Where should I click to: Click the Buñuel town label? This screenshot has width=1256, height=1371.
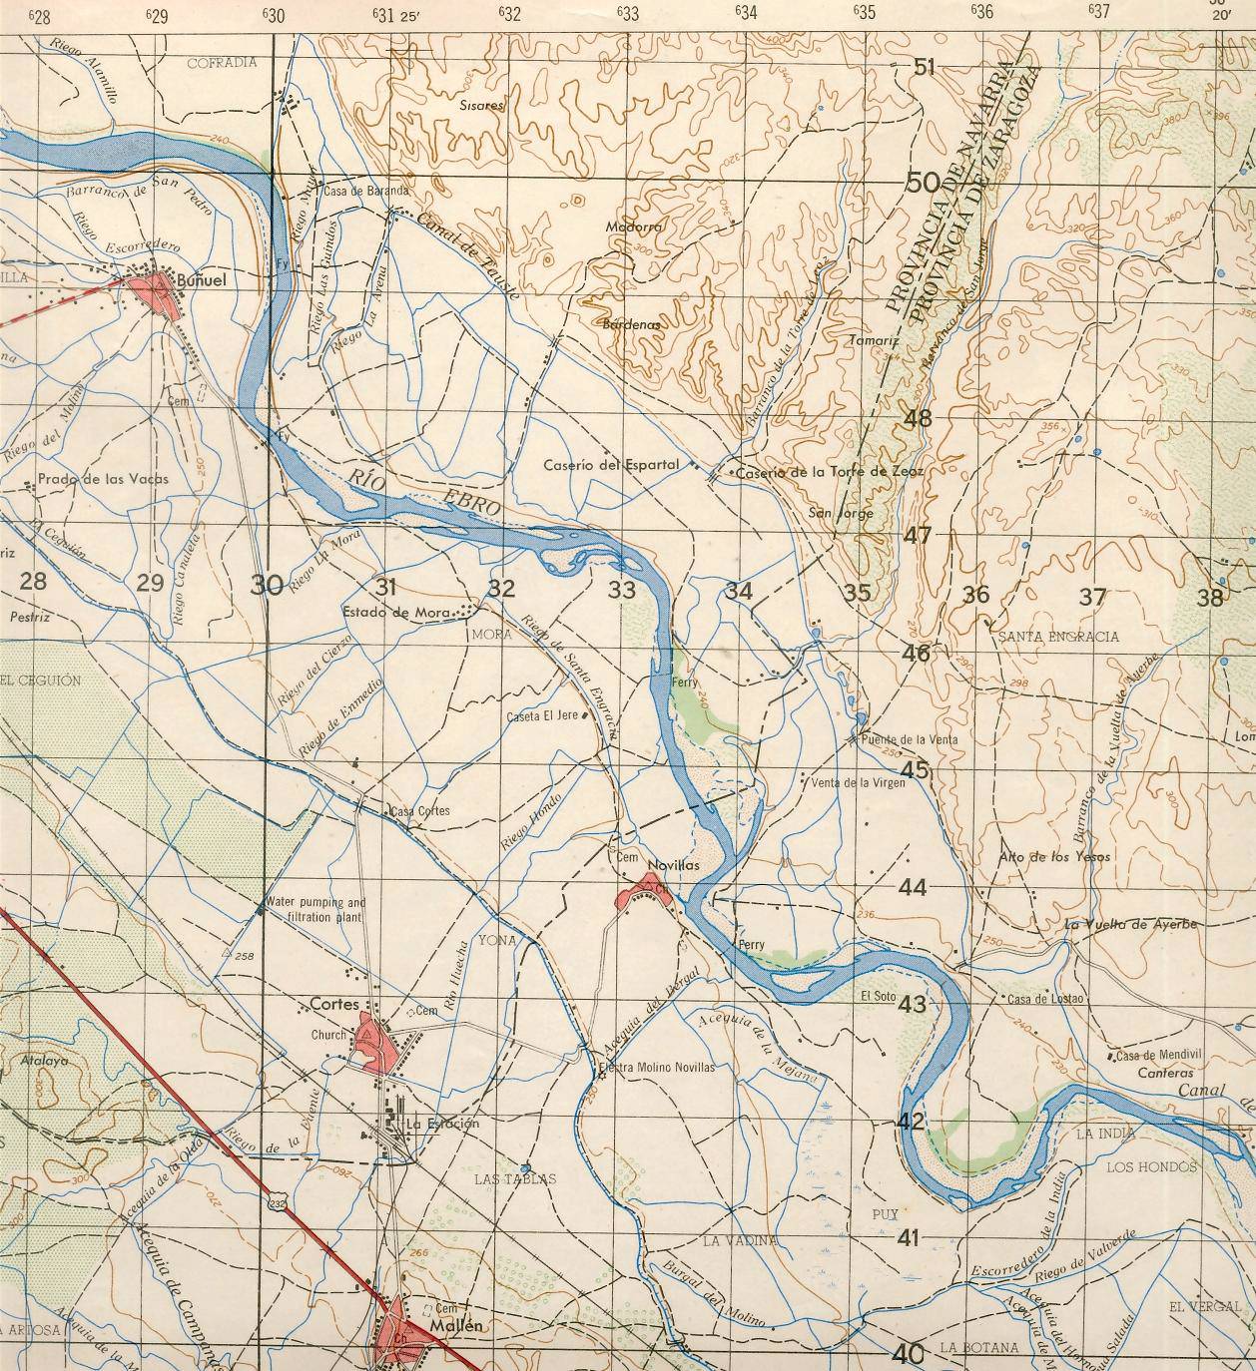click(x=201, y=281)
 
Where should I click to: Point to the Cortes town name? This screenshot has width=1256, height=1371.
click(x=333, y=1004)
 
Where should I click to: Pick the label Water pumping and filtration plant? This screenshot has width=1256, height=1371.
click(x=315, y=909)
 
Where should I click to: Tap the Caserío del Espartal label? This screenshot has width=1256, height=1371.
click(x=611, y=465)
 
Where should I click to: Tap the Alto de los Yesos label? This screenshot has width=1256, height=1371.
click(x=1054, y=857)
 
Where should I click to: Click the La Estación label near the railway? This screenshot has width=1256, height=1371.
click(x=442, y=1124)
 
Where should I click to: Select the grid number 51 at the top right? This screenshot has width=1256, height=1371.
click(x=925, y=67)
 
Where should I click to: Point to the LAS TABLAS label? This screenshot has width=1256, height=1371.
click(x=515, y=1179)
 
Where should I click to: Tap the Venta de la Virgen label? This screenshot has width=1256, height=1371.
click(x=860, y=783)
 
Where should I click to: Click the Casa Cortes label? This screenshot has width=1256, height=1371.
click(x=420, y=811)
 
